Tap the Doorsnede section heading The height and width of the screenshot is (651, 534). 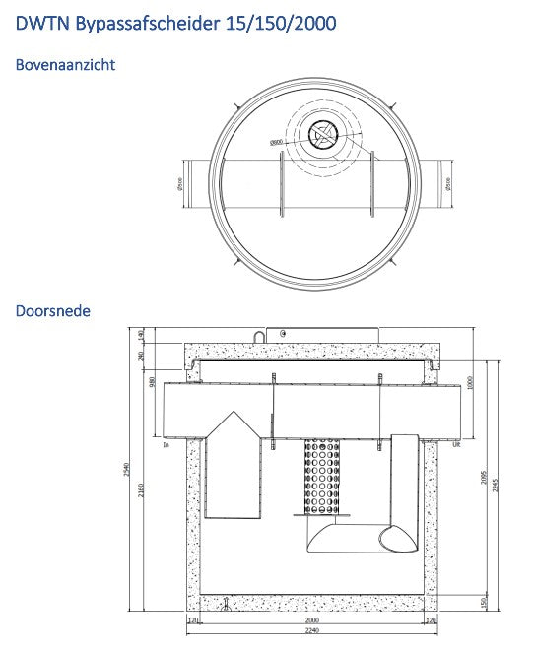pyautogui.click(x=53, y=311)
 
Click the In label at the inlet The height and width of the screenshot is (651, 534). pyautogui.click(x=167, y=445)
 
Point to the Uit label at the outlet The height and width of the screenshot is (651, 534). pyautogui.click(x=456, y=445)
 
